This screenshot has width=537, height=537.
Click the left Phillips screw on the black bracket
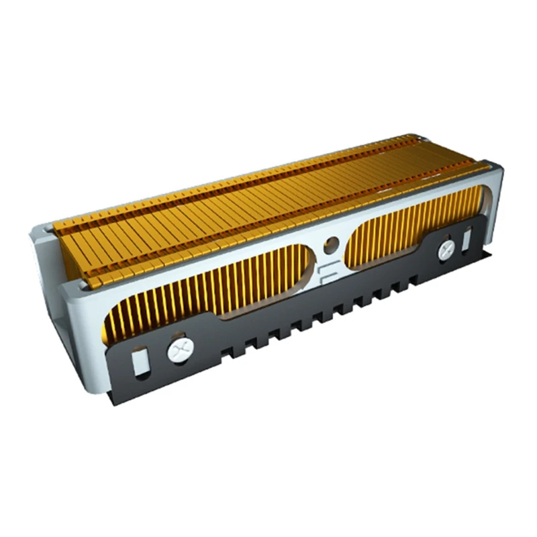click(x=179, y=350)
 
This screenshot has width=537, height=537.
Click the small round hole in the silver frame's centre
click(x=329, y=245)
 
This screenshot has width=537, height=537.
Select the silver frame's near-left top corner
click(x=74, y=285)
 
